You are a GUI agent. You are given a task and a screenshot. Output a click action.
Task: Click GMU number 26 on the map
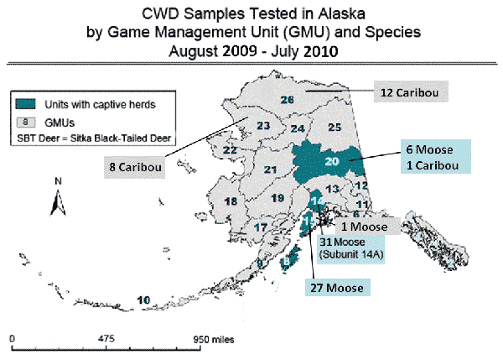coord(288,101)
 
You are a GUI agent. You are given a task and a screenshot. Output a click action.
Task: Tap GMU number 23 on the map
coord(262,127)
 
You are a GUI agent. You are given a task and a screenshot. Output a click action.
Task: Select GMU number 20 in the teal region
coord(331,161)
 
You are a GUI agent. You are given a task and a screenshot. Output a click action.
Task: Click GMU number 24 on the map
coord(298,129)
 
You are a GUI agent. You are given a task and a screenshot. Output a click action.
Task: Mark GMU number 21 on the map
coord(270,170)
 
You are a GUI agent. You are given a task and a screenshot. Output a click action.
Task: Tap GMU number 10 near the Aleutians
coord(144,300)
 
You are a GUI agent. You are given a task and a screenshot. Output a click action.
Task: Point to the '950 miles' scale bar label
coord(210,340)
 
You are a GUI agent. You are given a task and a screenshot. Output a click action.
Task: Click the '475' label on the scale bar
coord(106,340)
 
